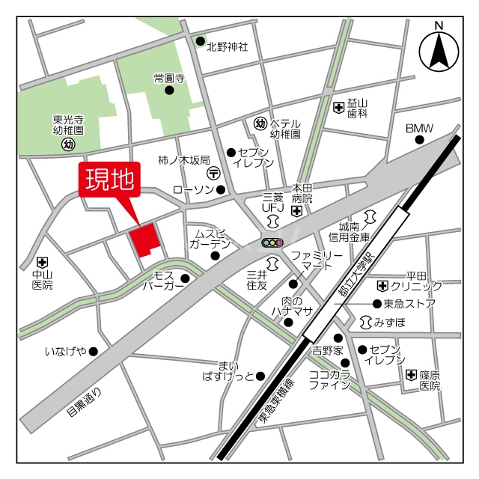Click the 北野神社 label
click(228, 46)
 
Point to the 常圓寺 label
click(169, 77)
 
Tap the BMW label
click(419, 128)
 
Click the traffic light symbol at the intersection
click(272, 242)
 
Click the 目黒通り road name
click(82, 402)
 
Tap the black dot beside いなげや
click(94, 351)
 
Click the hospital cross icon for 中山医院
click(42, 263)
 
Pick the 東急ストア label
click(409, 303)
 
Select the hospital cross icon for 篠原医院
click(410, 375)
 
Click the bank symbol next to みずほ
click(367, 322)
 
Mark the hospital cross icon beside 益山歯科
click(338, 108)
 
